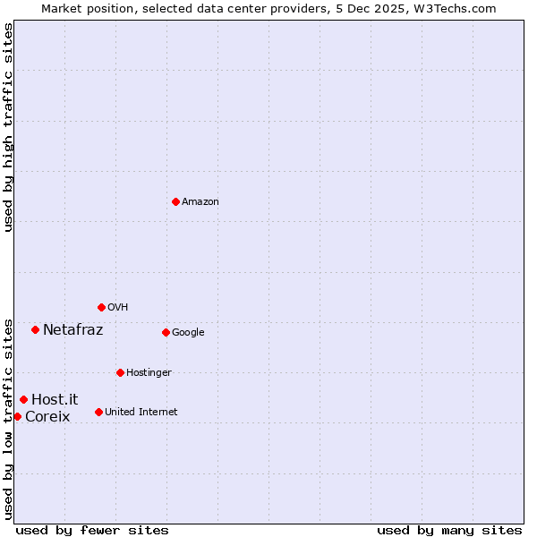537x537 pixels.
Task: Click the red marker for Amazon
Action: pos(175,201)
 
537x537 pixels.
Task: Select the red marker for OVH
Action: pos(101,307)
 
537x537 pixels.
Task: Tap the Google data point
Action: pos(166,332)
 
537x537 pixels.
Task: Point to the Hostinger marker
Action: pos(120,372)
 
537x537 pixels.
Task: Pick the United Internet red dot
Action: pos(98,412)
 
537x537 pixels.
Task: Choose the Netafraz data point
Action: pos(35,329)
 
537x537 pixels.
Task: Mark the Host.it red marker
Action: pos(23,399)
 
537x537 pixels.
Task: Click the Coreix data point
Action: pos(17,416)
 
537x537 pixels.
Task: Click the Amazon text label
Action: pos(200,202)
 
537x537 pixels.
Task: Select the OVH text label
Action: pos(118,308)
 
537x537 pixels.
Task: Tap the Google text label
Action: pos(188,333)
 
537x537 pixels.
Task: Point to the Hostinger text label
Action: pos(149,373)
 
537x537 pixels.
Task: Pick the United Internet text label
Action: pos(141,413)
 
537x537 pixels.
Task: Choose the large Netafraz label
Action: pos(72,330)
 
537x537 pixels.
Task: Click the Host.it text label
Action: pos(55,400)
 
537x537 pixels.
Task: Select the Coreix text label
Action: pos(47,417)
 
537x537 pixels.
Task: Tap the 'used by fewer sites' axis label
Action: pos(92,530)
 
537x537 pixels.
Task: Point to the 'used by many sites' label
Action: pos(449,530)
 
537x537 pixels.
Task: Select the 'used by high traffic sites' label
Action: pos(8,127)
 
